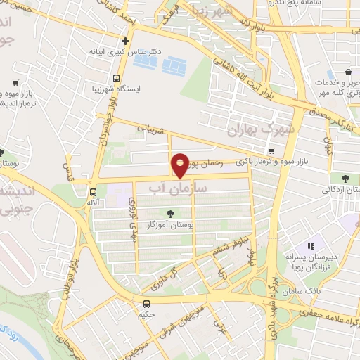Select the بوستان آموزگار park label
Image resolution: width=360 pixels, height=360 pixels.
coord(169,224)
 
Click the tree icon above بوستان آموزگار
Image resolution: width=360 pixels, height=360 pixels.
coord(169,213)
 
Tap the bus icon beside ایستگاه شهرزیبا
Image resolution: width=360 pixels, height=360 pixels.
coord(117,79)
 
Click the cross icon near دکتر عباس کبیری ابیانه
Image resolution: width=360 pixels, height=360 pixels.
coord(126,41)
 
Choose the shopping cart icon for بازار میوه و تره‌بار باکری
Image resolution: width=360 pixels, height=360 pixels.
coord(271,151)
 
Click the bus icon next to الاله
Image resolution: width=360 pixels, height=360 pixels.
coord(93,191)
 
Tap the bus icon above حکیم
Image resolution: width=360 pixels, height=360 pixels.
coord(146,304)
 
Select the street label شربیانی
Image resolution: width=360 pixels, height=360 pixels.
coord(150,130)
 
